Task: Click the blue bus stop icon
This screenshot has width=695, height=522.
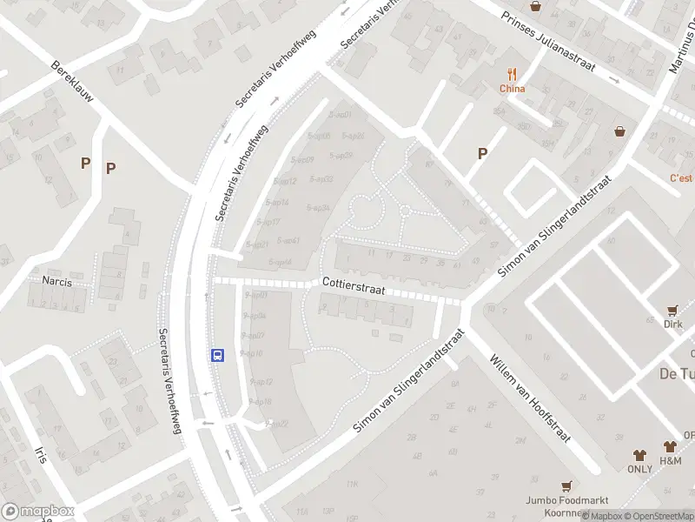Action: [x=217, y=354]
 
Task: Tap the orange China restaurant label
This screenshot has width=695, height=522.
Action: [x=512, y=88]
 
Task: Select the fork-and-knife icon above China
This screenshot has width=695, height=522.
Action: [x=513, y=74]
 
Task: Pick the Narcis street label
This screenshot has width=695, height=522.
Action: [x=56, y=281]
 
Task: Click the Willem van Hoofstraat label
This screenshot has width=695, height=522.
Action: [x=529, y=398]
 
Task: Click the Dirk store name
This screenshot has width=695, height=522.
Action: [x=672, y=325]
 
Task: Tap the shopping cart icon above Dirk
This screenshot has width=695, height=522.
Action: [x=672, y=310]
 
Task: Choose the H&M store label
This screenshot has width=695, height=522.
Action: [x=670, y=460]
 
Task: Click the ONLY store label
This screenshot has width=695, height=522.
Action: [x=639, y=469]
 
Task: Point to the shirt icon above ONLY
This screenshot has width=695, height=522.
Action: [x=639, y=454]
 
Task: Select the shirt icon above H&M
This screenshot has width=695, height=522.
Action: [x=670, y=445]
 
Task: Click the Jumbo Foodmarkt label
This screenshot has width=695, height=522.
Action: [x=566, y=500]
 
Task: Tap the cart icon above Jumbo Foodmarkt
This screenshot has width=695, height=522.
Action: [x=566, y=486]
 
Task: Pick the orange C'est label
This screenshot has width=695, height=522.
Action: [x=681, y=178]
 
